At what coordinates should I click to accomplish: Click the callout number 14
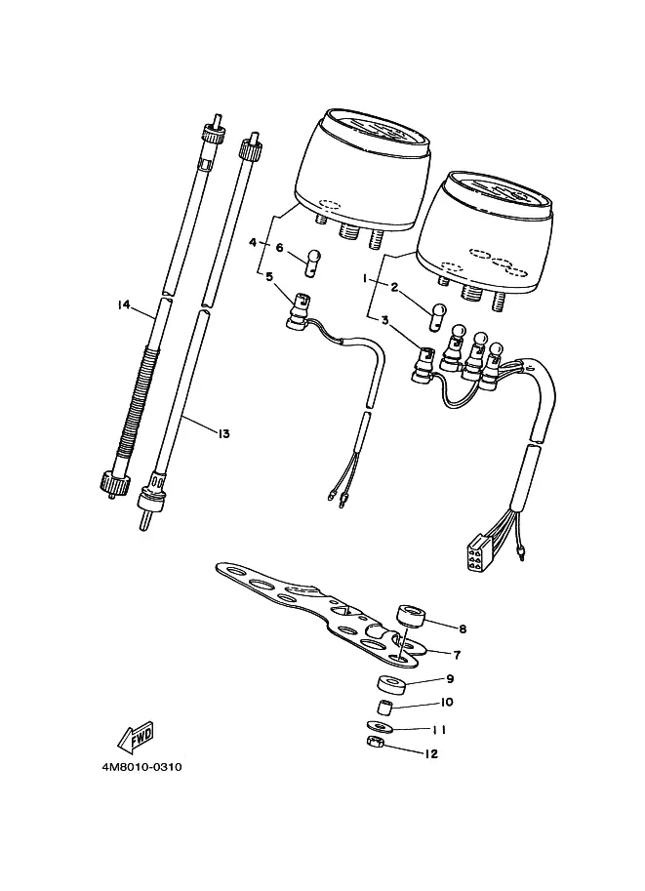click(x=123, y=305)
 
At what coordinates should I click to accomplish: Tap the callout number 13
click(x=223, y=433)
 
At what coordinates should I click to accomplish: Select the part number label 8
click(x=462, y=628)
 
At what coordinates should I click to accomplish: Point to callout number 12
click(x=431, y=753)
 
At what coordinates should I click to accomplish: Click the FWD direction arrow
click(x=136, y=736)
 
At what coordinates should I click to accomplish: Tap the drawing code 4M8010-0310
click(x=142, y=767)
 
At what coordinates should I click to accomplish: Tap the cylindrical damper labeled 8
click(x=411, y=616)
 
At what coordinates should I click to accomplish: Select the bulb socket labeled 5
click(x=299, y=311)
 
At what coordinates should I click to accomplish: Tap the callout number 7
click(x=457, y=655)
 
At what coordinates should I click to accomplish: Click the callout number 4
click(x=253, y=243)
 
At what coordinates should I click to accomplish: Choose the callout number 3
click(x=384, y=320)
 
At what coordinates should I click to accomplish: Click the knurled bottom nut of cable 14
click(x=112, y=482)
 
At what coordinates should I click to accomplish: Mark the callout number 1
click(x=366, y=278)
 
